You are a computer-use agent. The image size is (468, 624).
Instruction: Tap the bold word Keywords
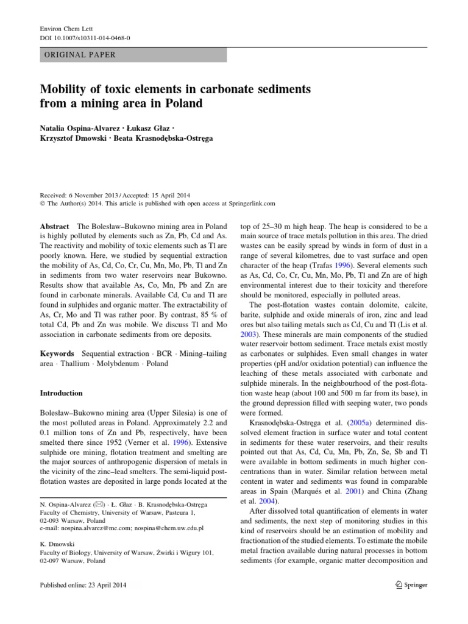[x=57, y=353]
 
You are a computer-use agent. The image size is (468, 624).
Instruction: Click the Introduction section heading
[x=61, y=394]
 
